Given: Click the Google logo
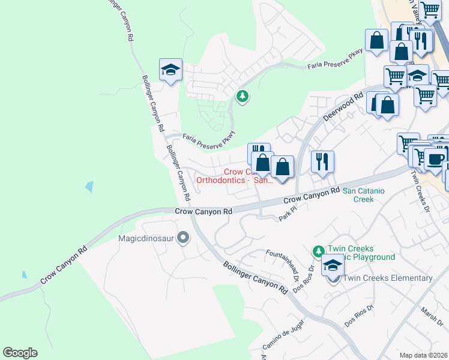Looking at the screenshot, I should point(20,353).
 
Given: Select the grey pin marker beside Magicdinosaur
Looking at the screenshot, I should point(184,239).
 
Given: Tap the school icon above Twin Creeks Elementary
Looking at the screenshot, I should point(333,264).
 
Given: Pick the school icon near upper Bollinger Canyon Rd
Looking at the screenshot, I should point(170,70).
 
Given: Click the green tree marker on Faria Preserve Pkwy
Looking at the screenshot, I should point(243,96).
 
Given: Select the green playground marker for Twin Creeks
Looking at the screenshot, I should point(318,251).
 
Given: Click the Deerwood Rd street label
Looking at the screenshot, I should point(344,106).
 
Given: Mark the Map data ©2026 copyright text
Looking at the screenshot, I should point(423,355).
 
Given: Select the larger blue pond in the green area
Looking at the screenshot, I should point(89,186).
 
